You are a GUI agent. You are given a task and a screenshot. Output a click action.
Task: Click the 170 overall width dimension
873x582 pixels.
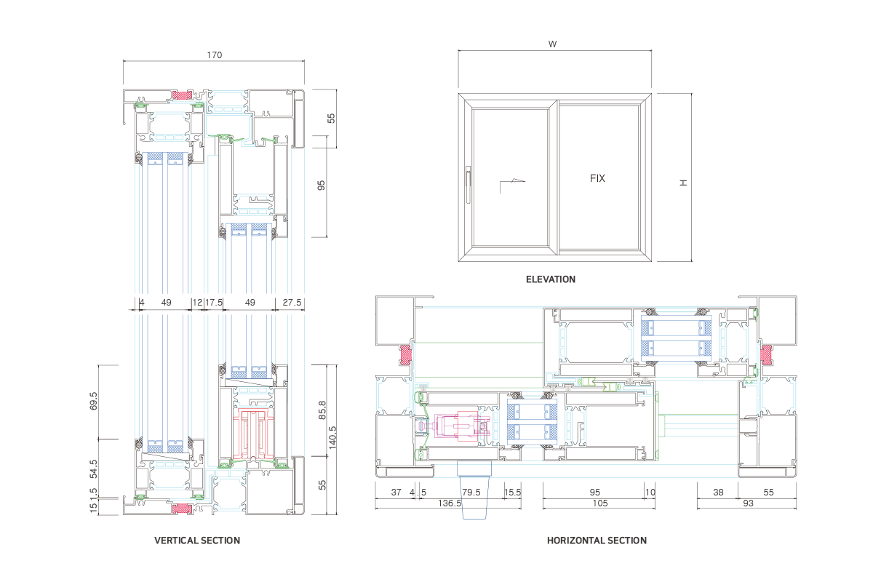click(x=214, y=55)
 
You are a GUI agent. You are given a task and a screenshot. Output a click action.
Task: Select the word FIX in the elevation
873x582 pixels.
click(x=597, y=178)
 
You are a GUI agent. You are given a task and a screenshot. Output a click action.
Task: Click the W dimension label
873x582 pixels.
click(x=553, y=44)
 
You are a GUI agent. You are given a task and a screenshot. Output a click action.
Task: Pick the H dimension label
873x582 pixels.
click(x=683, y=183)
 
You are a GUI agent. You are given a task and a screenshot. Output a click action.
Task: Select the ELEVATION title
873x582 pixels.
click(x=550, y=279)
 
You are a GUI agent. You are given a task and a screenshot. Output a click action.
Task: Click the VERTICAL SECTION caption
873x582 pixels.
click(x=197, y=541)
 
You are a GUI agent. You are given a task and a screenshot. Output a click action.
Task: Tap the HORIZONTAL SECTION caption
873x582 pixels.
click(x=597, y=541)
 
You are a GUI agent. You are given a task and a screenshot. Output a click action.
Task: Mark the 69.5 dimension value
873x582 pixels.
click(x=93, y=402)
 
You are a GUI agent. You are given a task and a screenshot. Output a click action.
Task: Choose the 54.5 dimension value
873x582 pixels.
click(x=93, y=469)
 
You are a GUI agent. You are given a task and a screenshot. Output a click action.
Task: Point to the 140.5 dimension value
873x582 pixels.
click(x=333, y=439)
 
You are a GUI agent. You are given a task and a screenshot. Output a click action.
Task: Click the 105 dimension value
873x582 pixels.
click(x=599, y=503)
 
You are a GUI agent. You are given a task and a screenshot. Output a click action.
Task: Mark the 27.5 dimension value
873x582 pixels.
click(x=292, y=302)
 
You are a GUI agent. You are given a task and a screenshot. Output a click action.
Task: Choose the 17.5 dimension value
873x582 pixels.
click(x=213, y=302)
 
